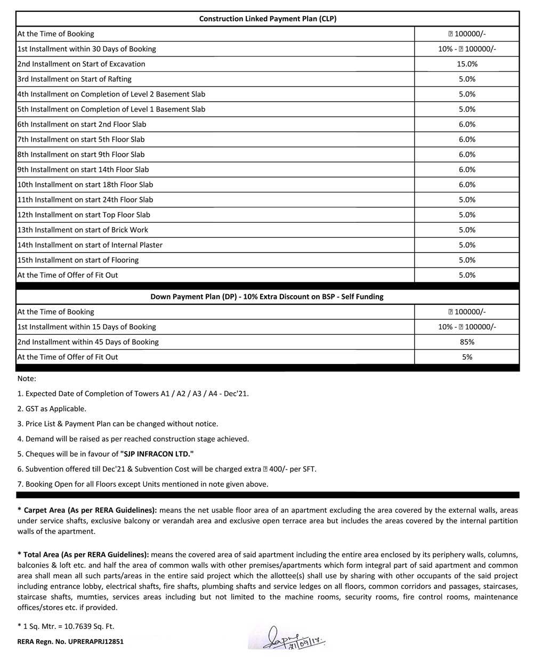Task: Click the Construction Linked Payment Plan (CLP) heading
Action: [268, 19]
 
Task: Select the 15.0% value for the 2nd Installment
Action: [467, 64]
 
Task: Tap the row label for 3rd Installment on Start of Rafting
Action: [74, 79]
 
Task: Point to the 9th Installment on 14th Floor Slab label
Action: [83, 169]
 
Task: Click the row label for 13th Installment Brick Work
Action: [83, 230]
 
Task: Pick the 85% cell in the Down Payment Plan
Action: [467, 342]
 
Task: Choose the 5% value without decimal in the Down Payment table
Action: [467, 357]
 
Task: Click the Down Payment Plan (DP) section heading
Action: [266, 296]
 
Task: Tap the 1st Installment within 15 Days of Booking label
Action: [86, 327]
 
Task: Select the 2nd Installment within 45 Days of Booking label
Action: [88, 342]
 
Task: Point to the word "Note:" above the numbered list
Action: [27, 378]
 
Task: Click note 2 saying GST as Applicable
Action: [52, 409]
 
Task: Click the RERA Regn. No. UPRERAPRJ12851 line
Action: [70, 642]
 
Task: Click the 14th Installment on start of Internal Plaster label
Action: [90, 245]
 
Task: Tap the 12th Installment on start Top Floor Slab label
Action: [84, 215]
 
